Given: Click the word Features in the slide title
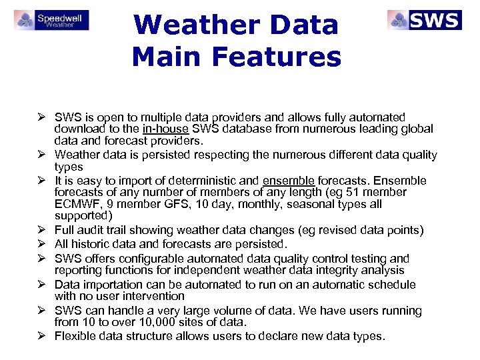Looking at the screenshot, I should (x=280, y=57).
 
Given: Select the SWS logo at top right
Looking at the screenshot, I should (x=424, y=19).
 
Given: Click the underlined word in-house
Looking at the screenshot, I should (x=165, y=129).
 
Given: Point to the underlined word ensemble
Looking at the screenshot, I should (x=289, y=180).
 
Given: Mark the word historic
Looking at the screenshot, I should (x=91, y=244).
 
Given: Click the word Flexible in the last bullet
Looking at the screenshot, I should (x=76, y=336).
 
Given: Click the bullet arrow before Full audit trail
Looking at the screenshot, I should (x=41, y=231).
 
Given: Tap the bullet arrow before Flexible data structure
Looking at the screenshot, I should (x=41, y=336).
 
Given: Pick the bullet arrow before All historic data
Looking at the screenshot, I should (x=41, y=244).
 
